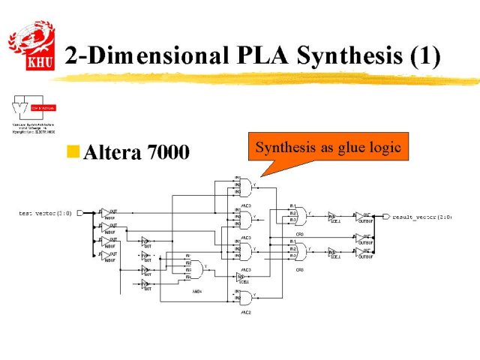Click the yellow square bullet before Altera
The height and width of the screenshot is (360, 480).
(x=73, y=152)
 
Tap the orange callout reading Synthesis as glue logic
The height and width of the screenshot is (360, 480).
(x=328, y=148)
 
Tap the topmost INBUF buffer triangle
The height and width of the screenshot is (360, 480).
(x=107, y=213)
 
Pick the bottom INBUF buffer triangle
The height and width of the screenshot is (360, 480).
(x=107, y=256)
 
